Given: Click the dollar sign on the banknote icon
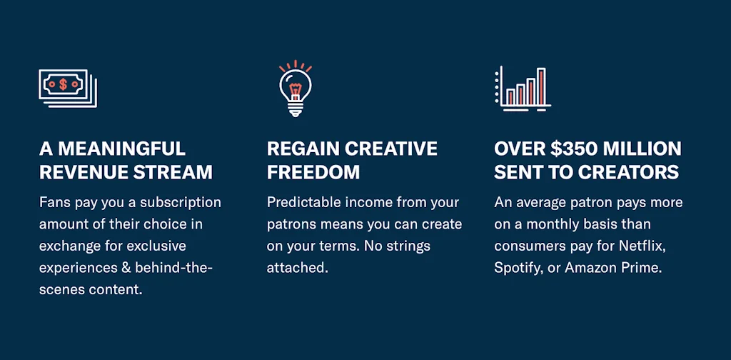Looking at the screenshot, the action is point(63,84).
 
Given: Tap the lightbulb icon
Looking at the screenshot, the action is point(295,89).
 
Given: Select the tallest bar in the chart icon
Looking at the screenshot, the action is point(541,86).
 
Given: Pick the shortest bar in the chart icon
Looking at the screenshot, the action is point(510,97).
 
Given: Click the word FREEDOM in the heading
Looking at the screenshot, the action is point(313,172).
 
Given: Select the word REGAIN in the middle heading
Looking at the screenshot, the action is point(302,149).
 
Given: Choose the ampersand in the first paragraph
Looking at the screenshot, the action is point(127,268).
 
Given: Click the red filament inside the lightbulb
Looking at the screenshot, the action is point(295,89).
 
